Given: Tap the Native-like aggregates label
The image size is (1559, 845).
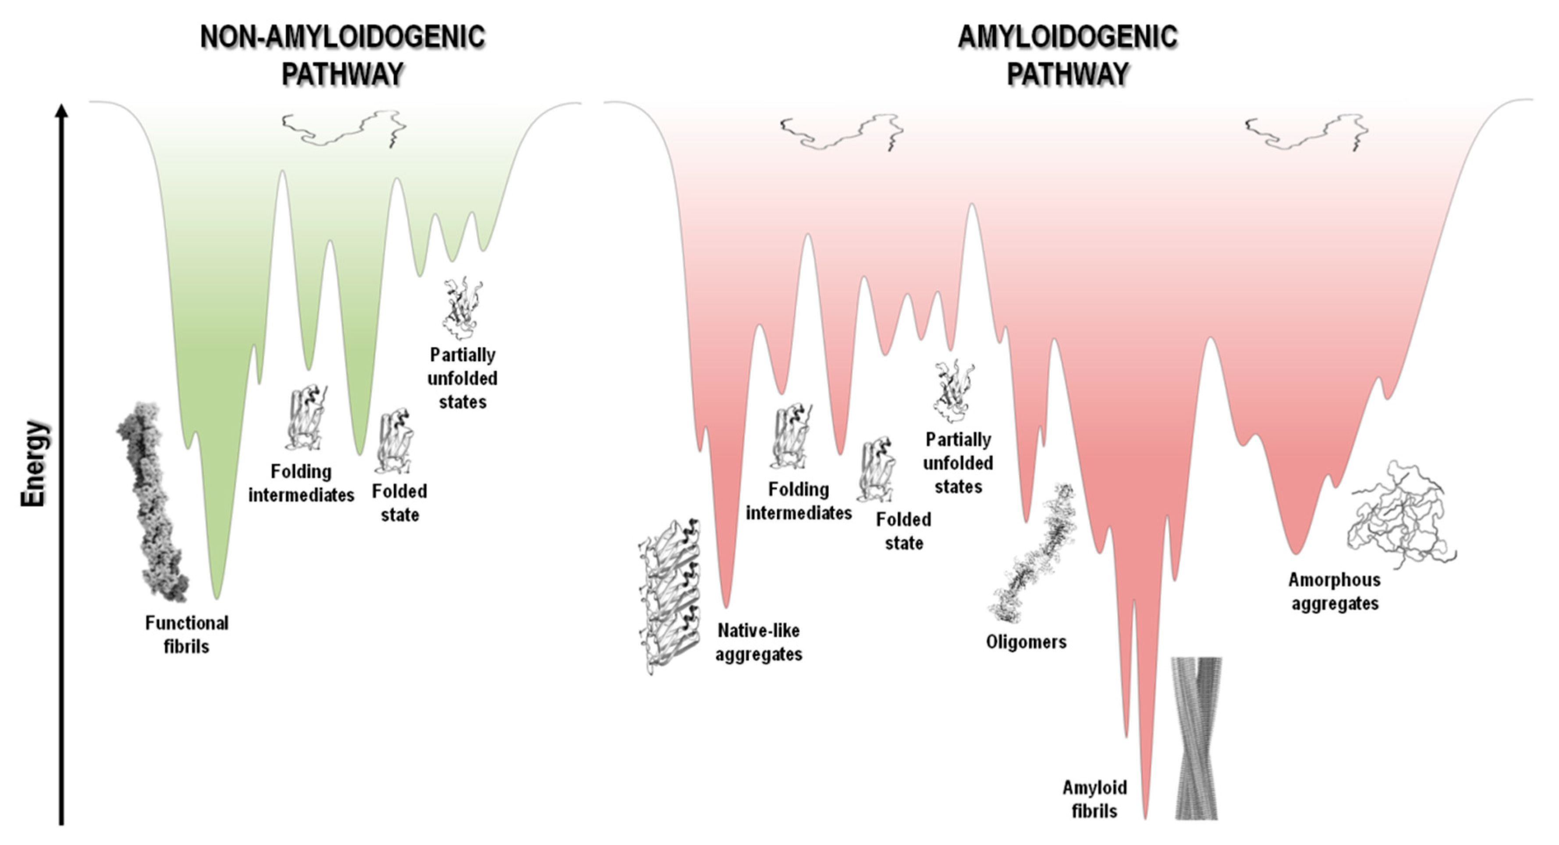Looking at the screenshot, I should click(x=759, y=642).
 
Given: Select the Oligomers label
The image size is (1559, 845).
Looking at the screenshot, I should click(x=1026, y=642).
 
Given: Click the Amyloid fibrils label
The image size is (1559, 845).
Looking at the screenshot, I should click(x=1094, y=799).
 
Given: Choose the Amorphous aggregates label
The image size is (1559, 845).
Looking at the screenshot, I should click(x=1335, y=591).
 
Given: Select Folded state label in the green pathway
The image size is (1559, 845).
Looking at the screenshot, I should click(x=399, y=502).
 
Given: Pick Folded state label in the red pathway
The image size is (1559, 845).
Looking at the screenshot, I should click(x=904, y=531).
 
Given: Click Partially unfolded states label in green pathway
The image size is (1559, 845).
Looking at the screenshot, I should click(x=462, y=378).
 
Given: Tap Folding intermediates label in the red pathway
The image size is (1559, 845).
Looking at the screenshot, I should click(x=799, y=501).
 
